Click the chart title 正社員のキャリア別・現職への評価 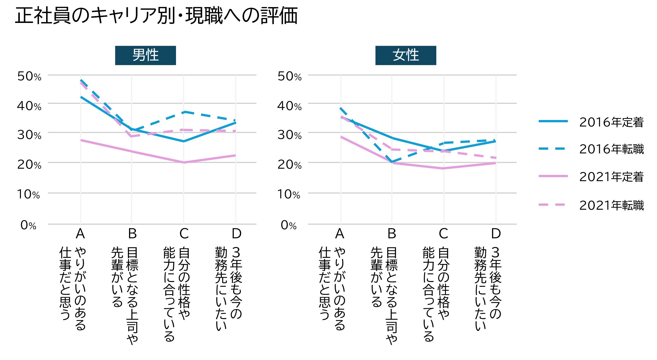156,16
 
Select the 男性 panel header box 145,55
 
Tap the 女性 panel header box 405,55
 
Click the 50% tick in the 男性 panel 29,76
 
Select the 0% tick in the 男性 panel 28,225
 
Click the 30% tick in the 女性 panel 289,135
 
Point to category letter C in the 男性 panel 184,234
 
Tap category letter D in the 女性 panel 496,234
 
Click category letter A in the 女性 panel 340,234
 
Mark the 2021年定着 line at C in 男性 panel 184,162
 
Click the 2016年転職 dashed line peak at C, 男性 184,112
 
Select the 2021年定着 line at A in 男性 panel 81,140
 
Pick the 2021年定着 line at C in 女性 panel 443,168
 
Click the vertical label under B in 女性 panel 384,294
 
